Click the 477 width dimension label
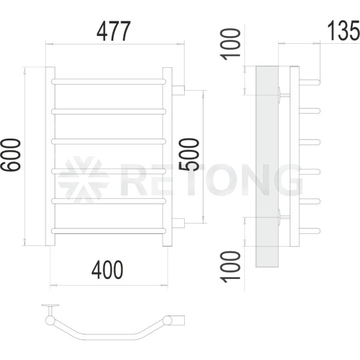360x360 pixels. [x=113, y=31]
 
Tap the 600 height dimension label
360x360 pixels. [x=11, y=155]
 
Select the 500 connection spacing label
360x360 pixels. [x=189, y=155]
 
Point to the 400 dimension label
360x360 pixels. [x=107, y=270]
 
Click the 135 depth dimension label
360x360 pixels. [x=343, y=31]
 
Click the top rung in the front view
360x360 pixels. [x=109, y=82]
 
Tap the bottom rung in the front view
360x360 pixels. [x=109, y=231]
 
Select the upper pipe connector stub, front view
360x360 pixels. [x=178, y=90]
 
